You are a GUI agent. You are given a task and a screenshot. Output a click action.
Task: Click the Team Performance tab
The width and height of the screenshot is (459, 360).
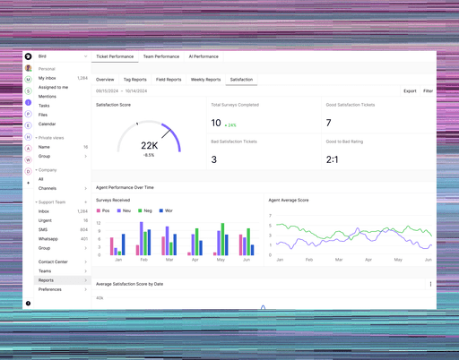point(161,56)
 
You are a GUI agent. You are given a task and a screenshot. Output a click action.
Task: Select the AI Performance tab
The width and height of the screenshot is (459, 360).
point(204,56)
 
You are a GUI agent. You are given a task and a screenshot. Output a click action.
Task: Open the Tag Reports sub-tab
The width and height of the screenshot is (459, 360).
point(134,80)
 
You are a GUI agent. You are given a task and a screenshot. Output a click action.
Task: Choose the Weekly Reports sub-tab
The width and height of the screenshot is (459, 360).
point(205,80)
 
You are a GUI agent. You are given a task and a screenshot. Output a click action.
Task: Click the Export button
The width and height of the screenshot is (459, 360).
point(410,91)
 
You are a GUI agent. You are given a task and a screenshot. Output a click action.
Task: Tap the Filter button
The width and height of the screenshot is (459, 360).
point(429,91)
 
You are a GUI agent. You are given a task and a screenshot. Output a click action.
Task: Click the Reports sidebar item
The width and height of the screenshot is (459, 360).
point(46,280)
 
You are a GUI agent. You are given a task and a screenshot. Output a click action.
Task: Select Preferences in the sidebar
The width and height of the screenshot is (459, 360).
point(50,289)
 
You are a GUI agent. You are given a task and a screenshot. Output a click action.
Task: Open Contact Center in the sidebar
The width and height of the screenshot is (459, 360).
point(53,261)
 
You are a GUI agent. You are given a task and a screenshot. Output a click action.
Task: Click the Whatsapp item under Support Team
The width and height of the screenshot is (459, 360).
point(48,239)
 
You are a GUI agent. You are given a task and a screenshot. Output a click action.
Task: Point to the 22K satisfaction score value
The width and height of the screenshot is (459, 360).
point(149,145)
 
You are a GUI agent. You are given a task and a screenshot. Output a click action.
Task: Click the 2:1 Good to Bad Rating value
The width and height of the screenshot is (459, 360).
point(333,159)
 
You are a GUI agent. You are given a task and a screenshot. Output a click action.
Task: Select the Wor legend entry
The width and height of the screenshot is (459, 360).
point(167,211)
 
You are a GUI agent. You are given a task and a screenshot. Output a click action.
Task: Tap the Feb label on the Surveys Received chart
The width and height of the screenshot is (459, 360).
point(143,260)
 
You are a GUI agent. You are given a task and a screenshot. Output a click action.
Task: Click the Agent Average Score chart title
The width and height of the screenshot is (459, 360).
point(289,200)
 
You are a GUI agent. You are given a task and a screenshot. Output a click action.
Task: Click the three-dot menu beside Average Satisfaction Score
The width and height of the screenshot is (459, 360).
point(430,284)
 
